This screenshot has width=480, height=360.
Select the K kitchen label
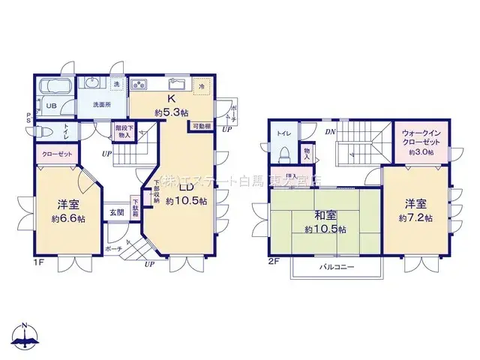pyautogui.click(x=171, y=99)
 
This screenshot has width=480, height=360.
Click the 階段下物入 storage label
pyautogui.click(x=124, y=131)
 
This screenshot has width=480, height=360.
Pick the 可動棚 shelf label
pyautogui.click(x=203, y=127)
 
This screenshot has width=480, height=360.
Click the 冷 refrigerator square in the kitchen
pyautogui.click(x=201, y=86)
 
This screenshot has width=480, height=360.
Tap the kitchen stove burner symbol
pyautogui.click(x=139, y=85)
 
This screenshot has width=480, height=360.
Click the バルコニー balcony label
pyautogui.click(x=337, y=267)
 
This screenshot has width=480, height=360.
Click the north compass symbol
pyautogui.click(x=25, y=337)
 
